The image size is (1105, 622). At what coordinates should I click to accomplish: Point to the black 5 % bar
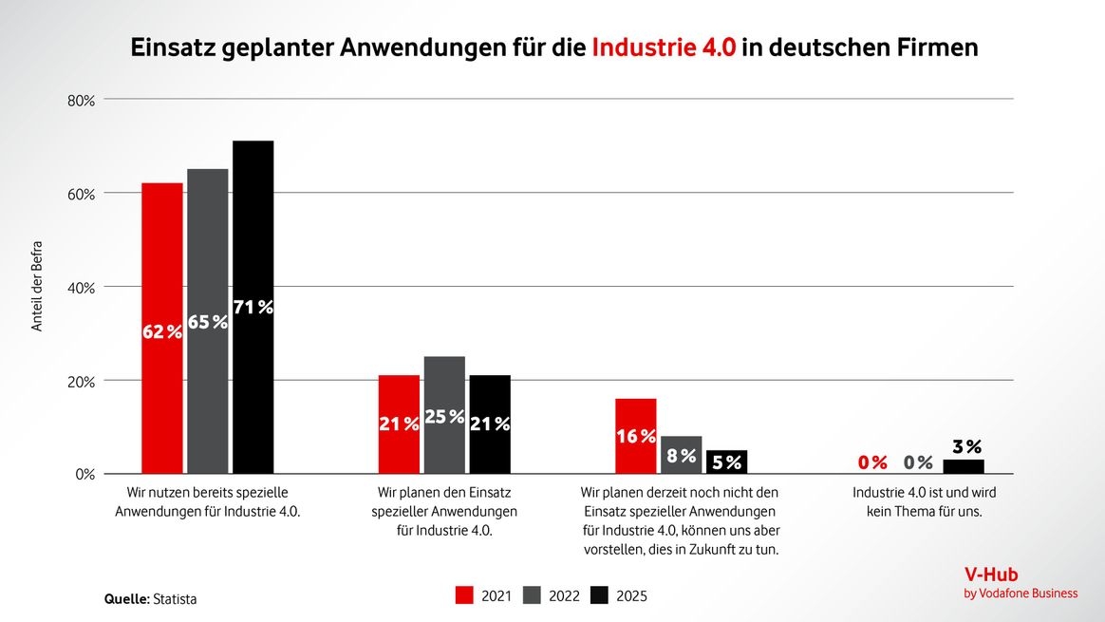[x=726, y=462]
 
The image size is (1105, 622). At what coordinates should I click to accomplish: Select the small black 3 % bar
[x=963, y=466]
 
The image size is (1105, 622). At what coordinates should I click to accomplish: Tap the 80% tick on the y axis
[x=82, y=100]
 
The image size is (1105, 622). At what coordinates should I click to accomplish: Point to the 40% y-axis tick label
[x=82, y=287]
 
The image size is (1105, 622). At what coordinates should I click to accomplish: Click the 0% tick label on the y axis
[x=85, y=474]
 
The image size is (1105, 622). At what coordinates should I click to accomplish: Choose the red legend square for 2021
[x=465, y=595]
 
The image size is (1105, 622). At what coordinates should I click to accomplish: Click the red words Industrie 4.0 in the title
[x=664, y=47]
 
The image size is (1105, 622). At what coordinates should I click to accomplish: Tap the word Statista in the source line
[x=176, y=599]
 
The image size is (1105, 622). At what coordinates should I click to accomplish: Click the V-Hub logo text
[x=991, y=575]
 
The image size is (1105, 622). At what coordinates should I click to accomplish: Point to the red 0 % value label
[x=872, y=462]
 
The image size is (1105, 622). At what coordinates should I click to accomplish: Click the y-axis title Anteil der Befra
[x=38, y=286]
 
